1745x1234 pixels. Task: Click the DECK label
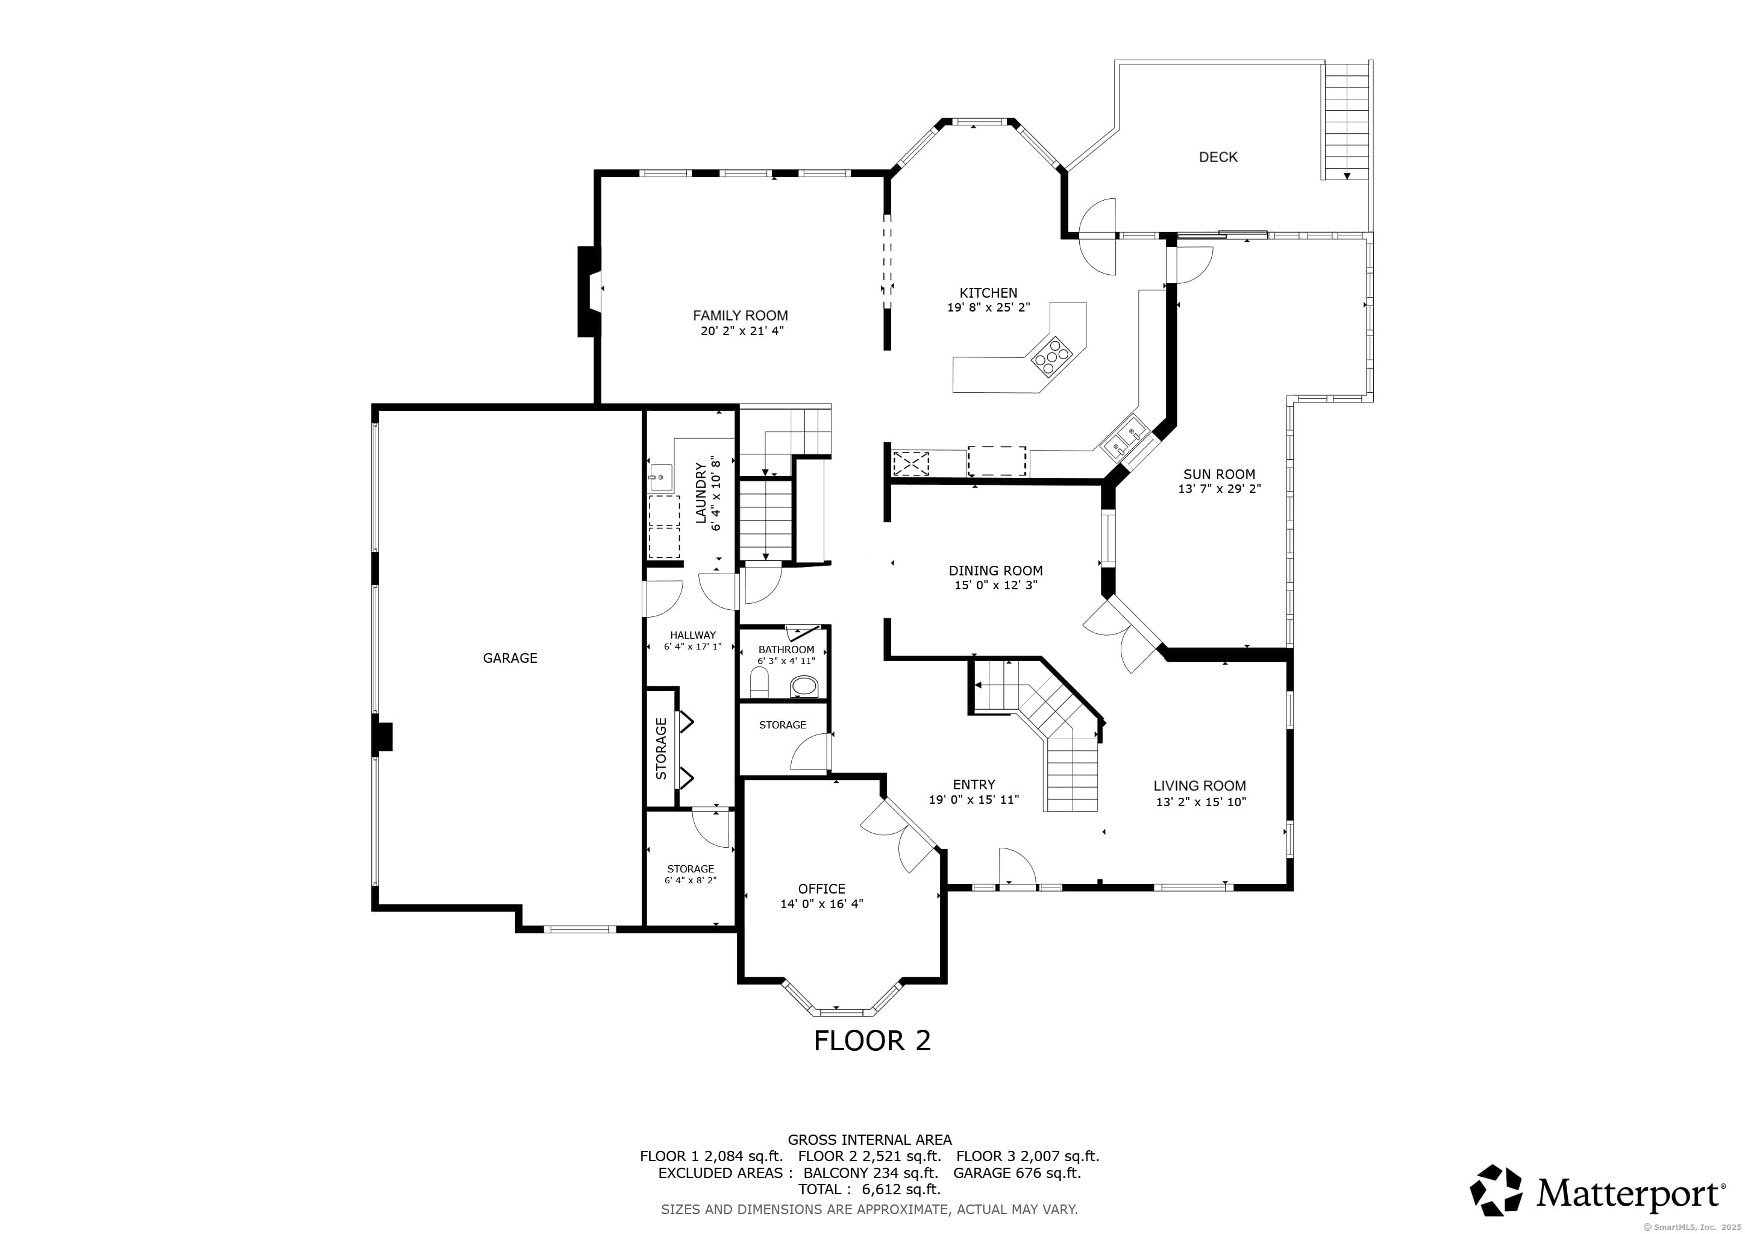click(x=1218, y=157)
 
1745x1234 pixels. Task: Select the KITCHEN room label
click(x=988, y=293)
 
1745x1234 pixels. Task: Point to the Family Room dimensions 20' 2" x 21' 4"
click(x=742, y=331)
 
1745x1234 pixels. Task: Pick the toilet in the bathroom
click(x=760, y=682)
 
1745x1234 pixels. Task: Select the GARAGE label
click(x=510, y=658)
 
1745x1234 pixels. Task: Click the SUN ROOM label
click(x=1219, y=474)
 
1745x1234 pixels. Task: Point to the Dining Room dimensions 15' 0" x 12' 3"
click(x=995, y=586)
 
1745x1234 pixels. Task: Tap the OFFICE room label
click(x=821, y=889)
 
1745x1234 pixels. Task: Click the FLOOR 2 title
click(x=872, y=1040)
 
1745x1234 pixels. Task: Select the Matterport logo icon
click(x=1496, y=1189)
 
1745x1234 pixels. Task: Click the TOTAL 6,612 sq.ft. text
click(x=869, y=1189)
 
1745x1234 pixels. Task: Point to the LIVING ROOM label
click(x=1199, y=786)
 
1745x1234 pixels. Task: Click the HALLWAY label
click(x=692, y=635)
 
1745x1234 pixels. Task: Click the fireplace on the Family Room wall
click(x=590, y=291)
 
